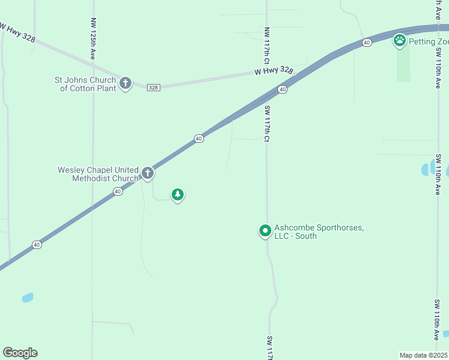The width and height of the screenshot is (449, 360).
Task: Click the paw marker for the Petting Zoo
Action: [400, 41]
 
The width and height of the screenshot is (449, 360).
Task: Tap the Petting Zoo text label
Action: [429, 41]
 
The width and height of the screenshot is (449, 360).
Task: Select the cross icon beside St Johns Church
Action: [125, 83]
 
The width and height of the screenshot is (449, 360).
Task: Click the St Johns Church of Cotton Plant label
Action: [86, 84]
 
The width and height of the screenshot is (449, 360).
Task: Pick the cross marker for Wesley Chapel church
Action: [147, 174]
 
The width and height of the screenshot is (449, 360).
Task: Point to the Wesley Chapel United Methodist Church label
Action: [98, 174]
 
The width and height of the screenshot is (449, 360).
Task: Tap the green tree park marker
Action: [177, 194]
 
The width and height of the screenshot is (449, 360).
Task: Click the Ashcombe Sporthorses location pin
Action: [265, 230]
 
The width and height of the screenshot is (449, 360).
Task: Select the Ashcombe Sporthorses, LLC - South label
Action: [319, 232]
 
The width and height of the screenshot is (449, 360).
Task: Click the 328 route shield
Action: [153, 87]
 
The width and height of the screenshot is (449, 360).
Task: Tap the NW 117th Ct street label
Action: [266, 46]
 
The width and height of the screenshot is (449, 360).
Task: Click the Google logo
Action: [20, 353]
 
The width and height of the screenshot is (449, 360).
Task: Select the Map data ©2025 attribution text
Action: [424, 355]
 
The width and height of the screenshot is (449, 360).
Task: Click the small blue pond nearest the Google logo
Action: [28, 298]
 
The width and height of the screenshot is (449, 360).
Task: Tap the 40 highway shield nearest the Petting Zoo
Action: [367, 42]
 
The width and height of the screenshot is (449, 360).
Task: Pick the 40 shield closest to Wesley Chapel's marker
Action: [118, 191]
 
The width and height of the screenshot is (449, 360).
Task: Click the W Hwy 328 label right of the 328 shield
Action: [273, 71]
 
